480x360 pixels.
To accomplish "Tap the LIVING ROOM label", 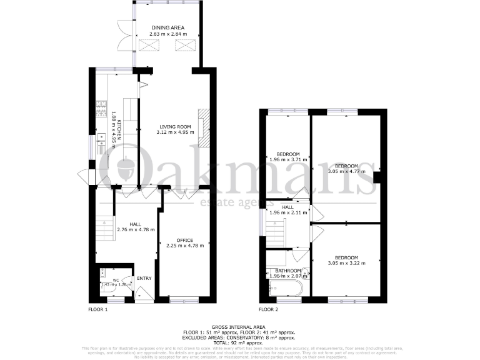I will point(174,126).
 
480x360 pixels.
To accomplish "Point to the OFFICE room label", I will point(184,240).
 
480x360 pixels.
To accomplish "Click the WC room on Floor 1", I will point(116,282).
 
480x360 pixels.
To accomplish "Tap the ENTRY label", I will point(144,279).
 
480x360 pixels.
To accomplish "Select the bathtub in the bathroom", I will point(285,288).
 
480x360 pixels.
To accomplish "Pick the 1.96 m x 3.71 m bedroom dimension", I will point(288,160).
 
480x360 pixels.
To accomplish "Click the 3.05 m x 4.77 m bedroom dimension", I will point(346,172).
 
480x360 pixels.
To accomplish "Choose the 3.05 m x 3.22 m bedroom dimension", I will point(346,263).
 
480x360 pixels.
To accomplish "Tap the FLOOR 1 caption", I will point(97,309).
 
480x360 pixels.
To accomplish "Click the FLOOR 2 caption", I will point(269,309).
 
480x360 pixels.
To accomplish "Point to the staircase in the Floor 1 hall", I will point(104,228).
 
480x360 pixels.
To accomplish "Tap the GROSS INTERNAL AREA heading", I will point(240,327).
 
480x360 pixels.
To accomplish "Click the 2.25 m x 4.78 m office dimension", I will point(184,246).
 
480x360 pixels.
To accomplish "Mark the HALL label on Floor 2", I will point(287,207).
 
